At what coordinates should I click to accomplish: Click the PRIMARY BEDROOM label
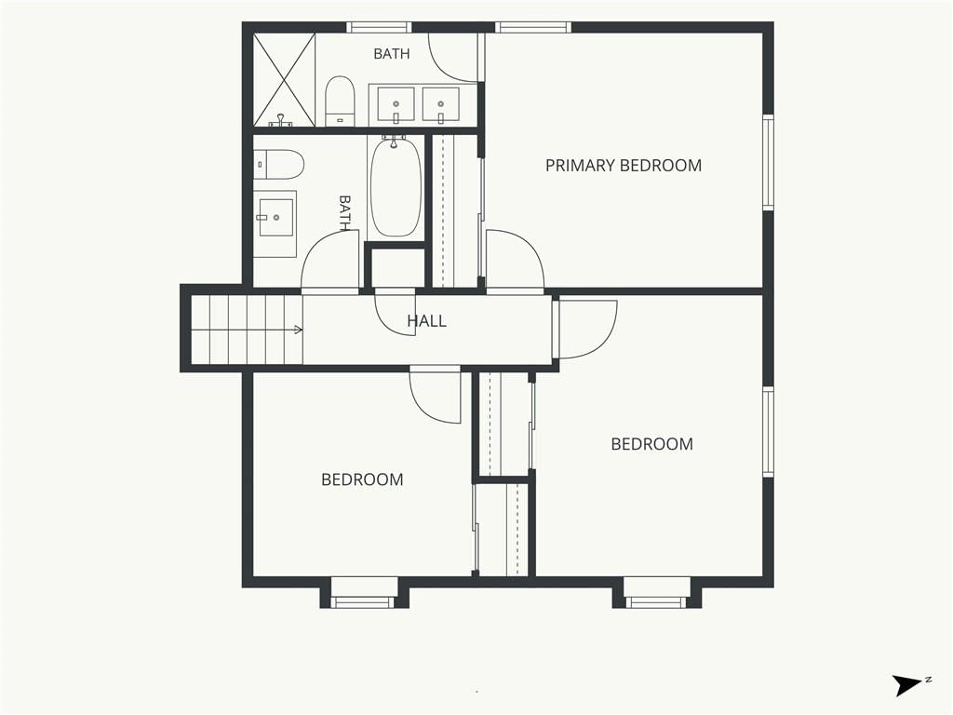click(623, 166)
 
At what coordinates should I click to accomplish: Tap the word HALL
click(426, 321)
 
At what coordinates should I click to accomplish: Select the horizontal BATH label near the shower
click(392, 54)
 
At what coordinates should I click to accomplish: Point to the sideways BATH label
click(344, 213)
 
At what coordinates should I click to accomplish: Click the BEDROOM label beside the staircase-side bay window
click(362, 479)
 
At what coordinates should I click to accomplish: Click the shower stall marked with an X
click(284, 80)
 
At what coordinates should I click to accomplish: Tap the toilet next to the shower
click(340, 101)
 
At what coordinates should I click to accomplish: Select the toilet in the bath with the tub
click(278, 164)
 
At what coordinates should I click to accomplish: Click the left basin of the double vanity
click(396, 104)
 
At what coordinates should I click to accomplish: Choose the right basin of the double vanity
click(440, 104)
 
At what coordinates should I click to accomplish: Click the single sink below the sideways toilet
click(275, 217)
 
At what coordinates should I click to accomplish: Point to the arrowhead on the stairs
click(299, 331)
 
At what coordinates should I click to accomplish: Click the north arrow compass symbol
click(907, 685)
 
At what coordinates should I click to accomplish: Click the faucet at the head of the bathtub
click(394, 142)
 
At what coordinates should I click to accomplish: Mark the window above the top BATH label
click(379, 27)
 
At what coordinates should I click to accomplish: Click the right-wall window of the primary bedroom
click(768, 162)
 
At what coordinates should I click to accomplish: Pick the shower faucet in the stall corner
click(280, 121)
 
